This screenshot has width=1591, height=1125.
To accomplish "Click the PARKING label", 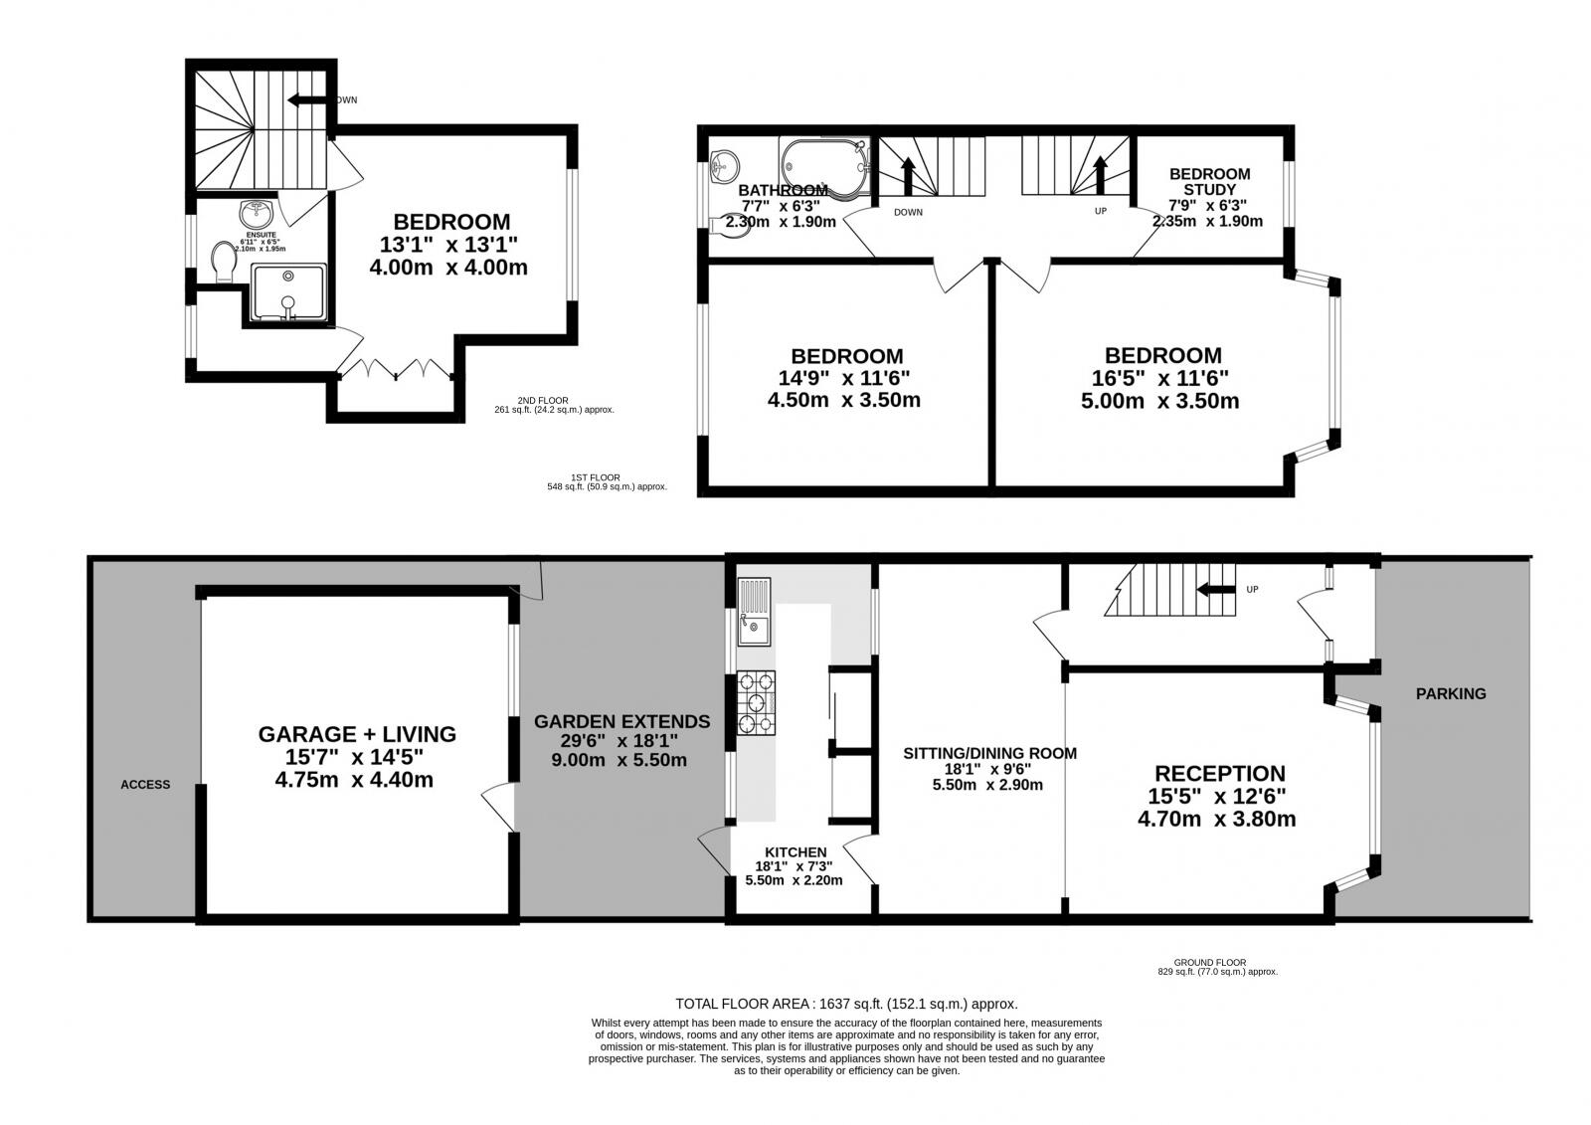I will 1451,693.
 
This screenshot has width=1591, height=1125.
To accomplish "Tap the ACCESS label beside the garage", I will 145,784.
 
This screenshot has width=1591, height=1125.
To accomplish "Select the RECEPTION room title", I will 1219,773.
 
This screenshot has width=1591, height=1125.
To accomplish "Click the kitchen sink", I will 753,612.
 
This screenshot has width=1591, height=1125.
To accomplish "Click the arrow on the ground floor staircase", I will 1215,589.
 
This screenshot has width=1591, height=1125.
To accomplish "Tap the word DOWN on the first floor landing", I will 908,212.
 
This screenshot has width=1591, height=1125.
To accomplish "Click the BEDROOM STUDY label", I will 1210,181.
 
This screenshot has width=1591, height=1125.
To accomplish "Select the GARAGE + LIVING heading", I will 357,734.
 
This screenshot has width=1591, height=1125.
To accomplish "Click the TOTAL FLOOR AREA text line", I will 846,1004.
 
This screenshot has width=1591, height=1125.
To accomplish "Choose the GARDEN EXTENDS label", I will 621,721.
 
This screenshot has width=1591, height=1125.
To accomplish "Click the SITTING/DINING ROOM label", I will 988,753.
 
